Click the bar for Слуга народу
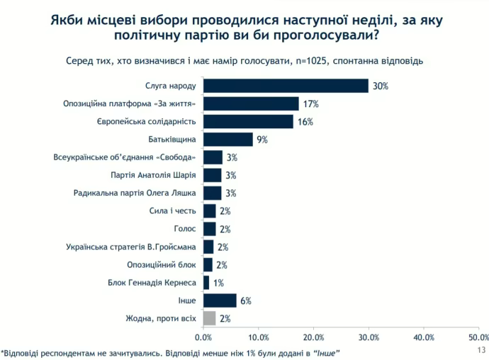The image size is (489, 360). pos(286,86)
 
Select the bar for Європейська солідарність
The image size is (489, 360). pos(248,122)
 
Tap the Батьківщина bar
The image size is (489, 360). pos(227,140)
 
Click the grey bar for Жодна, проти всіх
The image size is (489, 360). pos(209,318)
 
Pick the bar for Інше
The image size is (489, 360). pos(220,300)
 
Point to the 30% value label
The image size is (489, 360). pos(381,86)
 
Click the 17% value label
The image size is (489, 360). pos(310,104)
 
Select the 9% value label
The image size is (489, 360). pos(262,140)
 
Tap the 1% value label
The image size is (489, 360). pos(219,283)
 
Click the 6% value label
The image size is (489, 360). pos(246,300)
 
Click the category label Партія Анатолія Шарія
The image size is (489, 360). pos(153,175)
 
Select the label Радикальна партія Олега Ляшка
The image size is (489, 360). pos(135,193)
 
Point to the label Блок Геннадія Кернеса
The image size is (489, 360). pos(152,283)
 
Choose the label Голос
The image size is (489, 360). pos(184,229)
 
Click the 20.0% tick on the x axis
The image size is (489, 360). pos(313,337)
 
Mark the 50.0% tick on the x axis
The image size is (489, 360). pos(478,337)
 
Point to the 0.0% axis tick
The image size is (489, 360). pos(204,337)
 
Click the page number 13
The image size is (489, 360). pos(482,350)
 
